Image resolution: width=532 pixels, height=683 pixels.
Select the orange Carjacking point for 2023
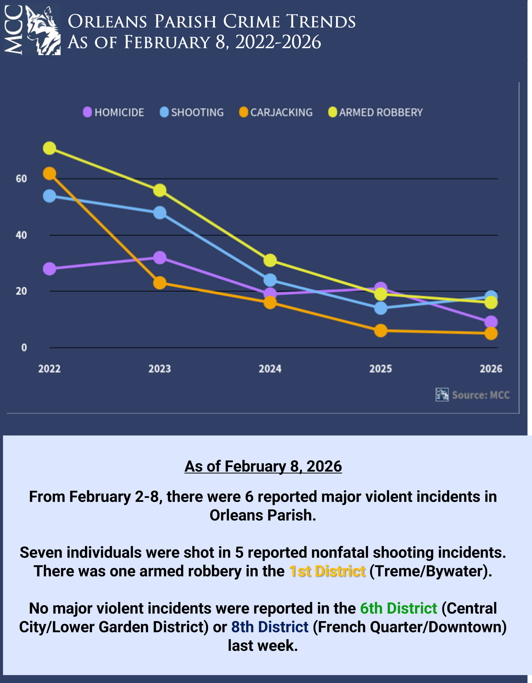click(160, 283)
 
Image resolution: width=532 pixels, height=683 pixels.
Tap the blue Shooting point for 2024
click(270, 280)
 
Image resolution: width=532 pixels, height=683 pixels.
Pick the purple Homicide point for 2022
click(49, 269)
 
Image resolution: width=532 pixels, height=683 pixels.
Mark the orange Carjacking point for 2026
click(491, 333)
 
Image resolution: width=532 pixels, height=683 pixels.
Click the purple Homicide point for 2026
click(491, 322)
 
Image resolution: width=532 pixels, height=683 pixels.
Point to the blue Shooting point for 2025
click(381, 308)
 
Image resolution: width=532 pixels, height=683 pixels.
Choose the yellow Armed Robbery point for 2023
click(160, 190)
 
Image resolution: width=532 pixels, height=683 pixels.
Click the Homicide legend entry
click(113, 112)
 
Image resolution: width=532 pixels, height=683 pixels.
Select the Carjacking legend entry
click(276, 112)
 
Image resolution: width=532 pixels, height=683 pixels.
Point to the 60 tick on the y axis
click(21, 179)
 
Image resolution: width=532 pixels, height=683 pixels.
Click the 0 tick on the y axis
click(24, 347)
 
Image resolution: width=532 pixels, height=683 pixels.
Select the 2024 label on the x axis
click(270, 369)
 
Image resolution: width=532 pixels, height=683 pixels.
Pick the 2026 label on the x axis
click(491, 369)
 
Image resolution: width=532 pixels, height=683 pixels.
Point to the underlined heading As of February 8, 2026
click(263, 466)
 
